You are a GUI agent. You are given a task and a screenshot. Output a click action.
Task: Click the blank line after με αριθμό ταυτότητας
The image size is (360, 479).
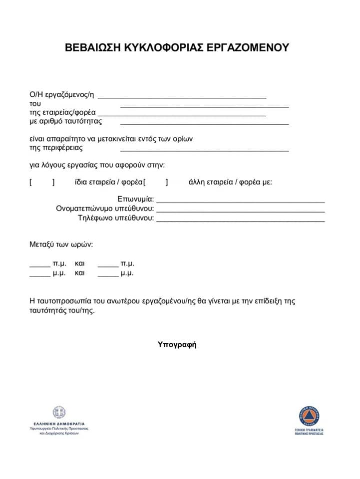click(204, 123)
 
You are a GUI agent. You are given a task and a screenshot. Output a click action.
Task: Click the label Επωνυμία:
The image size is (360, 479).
click(135, 200)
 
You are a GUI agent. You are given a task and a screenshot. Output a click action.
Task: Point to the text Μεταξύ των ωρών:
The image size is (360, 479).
click(61, 245)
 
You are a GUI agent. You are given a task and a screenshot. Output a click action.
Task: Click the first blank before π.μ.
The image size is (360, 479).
click(40, 265)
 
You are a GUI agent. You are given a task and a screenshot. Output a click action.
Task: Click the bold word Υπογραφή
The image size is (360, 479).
click(177, 344)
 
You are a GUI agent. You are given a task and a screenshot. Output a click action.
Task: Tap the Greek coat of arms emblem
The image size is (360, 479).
click(59, 413)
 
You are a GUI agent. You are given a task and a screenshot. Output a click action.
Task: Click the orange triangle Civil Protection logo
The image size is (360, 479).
click(309, 416)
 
